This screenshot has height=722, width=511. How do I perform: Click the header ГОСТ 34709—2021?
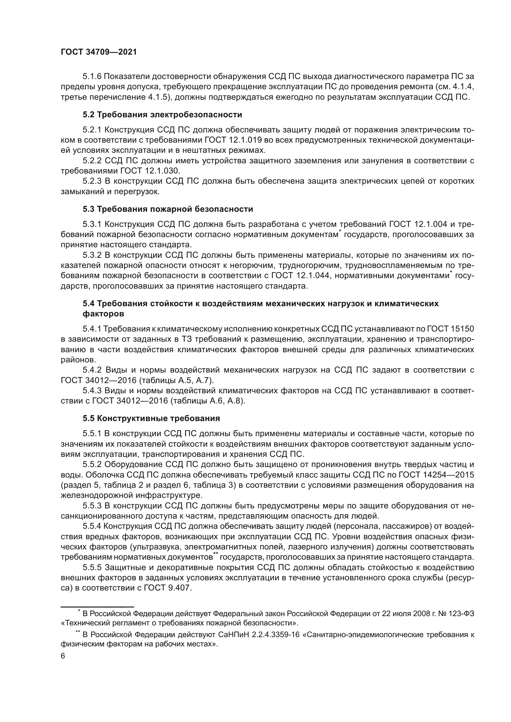click(99, 52)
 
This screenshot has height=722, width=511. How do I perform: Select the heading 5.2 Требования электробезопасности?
click(163, 115)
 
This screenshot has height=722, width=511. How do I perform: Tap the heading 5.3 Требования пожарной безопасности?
click(168, 209)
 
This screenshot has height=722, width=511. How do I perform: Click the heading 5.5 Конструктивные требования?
click(151, 419)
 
